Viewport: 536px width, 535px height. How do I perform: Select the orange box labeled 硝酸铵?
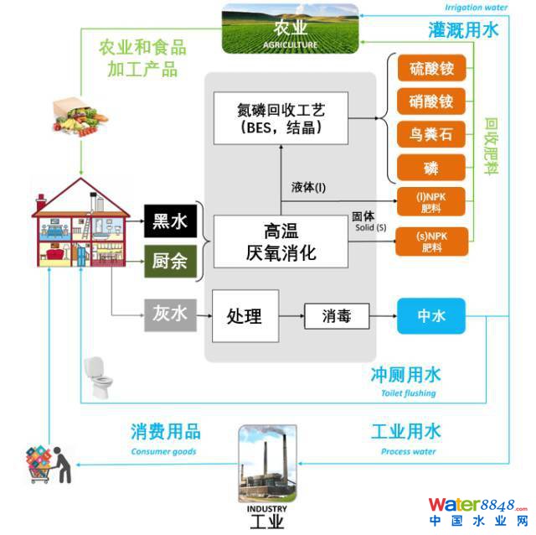[x=431, y=101]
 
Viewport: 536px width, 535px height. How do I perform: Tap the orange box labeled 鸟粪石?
[x=431, y=134]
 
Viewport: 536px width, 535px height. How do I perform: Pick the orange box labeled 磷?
[x=431, y=169]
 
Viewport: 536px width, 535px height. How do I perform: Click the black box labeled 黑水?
[x=171, y=222]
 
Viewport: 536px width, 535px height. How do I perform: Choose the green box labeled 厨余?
[x=171, y=262]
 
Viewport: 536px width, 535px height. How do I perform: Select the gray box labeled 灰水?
[x=171, y=315]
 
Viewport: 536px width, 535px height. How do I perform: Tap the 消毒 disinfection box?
[x=335, y=317]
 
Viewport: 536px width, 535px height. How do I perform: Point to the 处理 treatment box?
[x=245, y=315]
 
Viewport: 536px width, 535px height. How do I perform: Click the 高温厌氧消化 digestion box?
[x=280, y=241]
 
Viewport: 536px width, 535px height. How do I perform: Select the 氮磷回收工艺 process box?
[x=280, y=118]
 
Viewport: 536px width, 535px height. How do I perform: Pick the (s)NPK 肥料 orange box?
[x=431, y=243]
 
